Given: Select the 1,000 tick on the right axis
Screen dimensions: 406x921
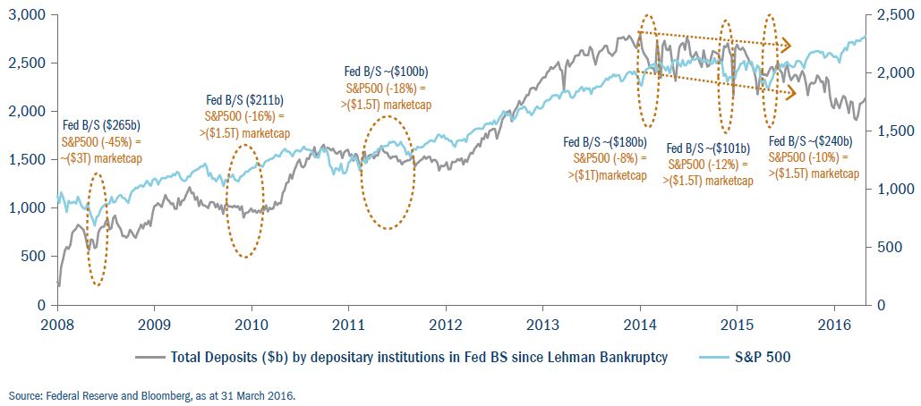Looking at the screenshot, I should (x=892, y=190).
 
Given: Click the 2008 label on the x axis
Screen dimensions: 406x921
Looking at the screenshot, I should (x=56, y=323).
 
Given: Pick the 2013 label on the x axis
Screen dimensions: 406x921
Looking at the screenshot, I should (x=543, y=323).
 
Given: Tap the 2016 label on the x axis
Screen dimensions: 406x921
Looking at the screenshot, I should (x=834, y=323).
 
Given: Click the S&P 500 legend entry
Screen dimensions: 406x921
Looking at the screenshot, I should (x=758, y=358).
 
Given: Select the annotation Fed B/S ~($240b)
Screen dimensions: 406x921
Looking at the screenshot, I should (x=811, y=141).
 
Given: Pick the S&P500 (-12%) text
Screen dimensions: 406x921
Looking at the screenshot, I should (x=707, y=165).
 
